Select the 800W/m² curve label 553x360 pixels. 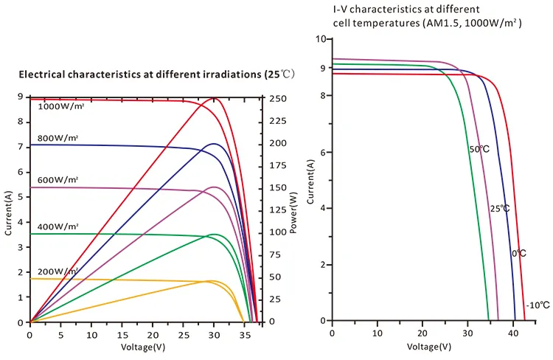[58, 139]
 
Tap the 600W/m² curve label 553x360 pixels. [58, 180]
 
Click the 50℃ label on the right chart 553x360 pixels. [479, 149]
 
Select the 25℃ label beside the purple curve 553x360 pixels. [500, 209]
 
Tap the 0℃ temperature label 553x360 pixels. [518, 253]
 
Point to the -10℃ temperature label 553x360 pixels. [535, 305]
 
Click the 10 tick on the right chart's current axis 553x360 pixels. [321, 38]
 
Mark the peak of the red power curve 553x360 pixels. [215, 98]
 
